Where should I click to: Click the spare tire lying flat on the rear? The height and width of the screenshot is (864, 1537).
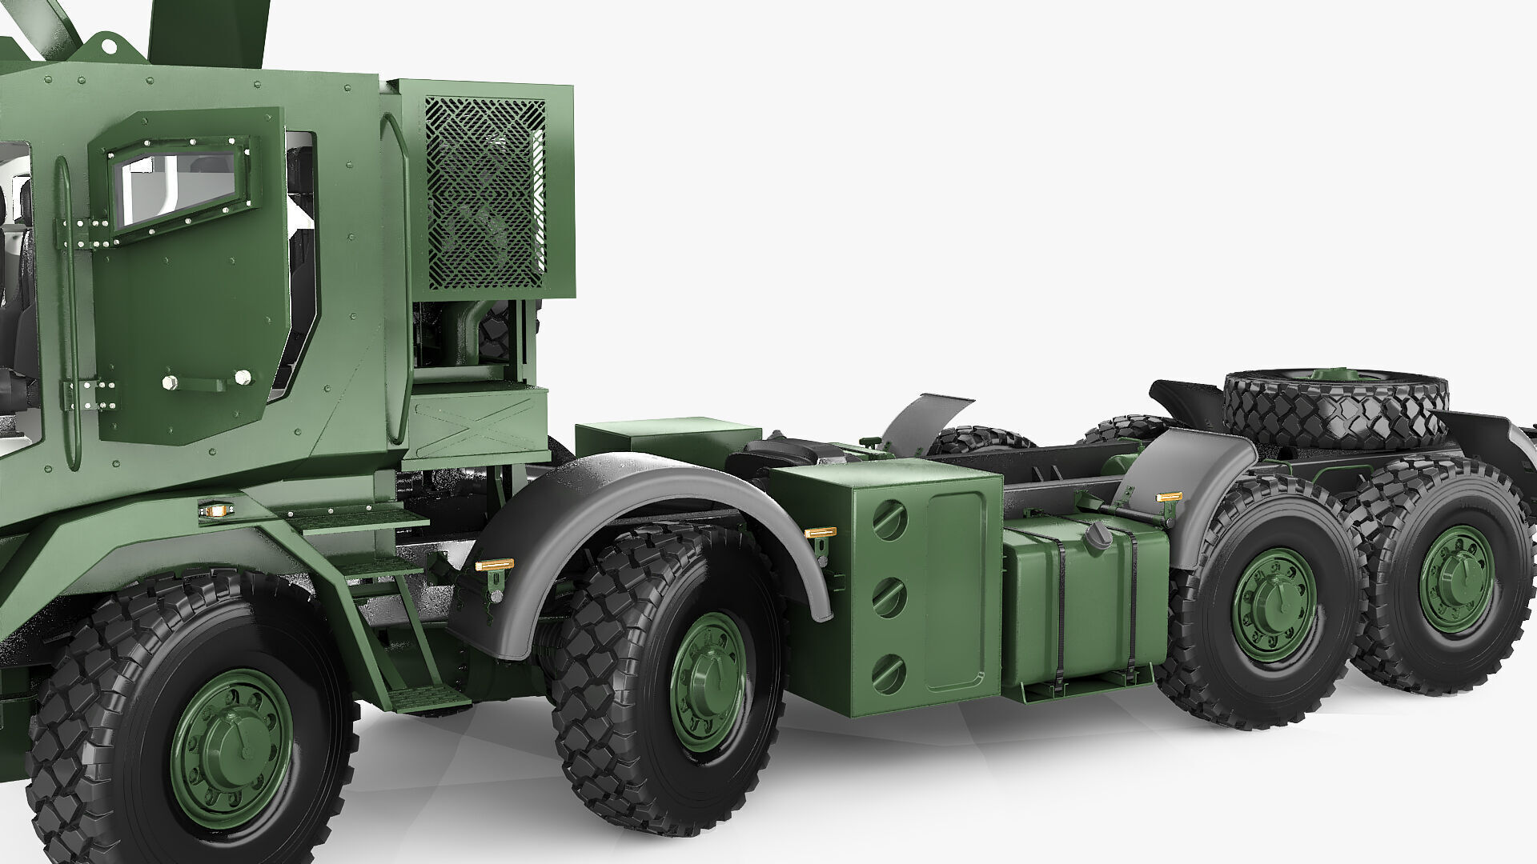tap(1334, 408)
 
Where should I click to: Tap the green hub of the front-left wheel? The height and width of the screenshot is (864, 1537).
tap(231, 748)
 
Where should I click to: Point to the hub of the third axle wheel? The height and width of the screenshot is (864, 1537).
tap(1274, 604)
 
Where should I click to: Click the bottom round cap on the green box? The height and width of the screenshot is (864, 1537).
tap(889, 673)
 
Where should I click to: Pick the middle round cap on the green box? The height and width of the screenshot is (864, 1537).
tap(889, 597)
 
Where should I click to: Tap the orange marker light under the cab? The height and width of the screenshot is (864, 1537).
tap(213, 509)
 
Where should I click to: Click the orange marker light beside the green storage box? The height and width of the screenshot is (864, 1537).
tap(820, 532)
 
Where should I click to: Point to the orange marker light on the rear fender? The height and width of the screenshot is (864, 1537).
tap(1169, 498)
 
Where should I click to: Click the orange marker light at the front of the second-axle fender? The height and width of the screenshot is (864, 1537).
tap(494, 565)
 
